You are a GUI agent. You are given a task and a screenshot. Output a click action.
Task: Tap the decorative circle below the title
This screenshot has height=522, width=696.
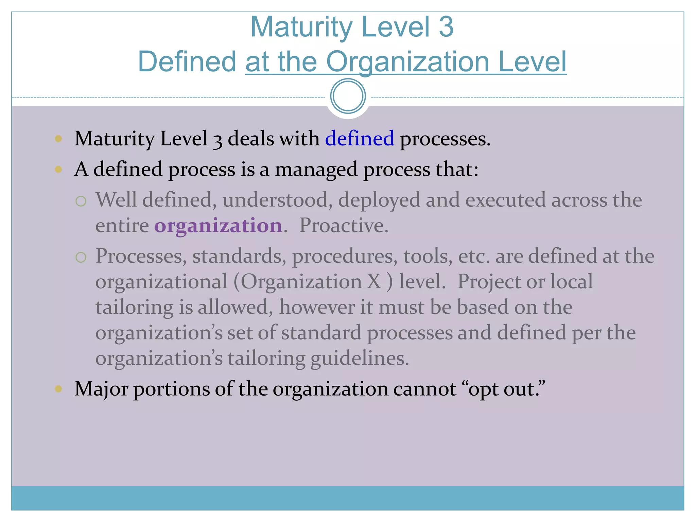(x=348, y=96)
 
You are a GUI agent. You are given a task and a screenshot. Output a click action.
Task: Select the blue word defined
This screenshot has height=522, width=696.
(x=360, y=138)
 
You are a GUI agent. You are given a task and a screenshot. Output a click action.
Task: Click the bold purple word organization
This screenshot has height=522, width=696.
(x=218, y=226)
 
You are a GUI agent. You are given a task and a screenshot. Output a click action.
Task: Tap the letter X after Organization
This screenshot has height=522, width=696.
(x=374, y=281)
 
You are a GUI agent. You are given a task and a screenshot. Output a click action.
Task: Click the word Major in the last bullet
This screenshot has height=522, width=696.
(x=101, y=389)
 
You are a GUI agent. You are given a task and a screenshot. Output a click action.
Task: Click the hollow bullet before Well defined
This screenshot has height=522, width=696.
(x=81, y=201)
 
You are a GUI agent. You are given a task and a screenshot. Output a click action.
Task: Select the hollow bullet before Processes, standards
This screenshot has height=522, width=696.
(x=81, y=257)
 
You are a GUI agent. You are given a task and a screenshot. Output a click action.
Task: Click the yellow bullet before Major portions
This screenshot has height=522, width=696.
(x=58, y=389)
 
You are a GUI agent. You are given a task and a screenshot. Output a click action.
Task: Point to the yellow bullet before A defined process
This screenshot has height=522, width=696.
(x=58, y=169)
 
